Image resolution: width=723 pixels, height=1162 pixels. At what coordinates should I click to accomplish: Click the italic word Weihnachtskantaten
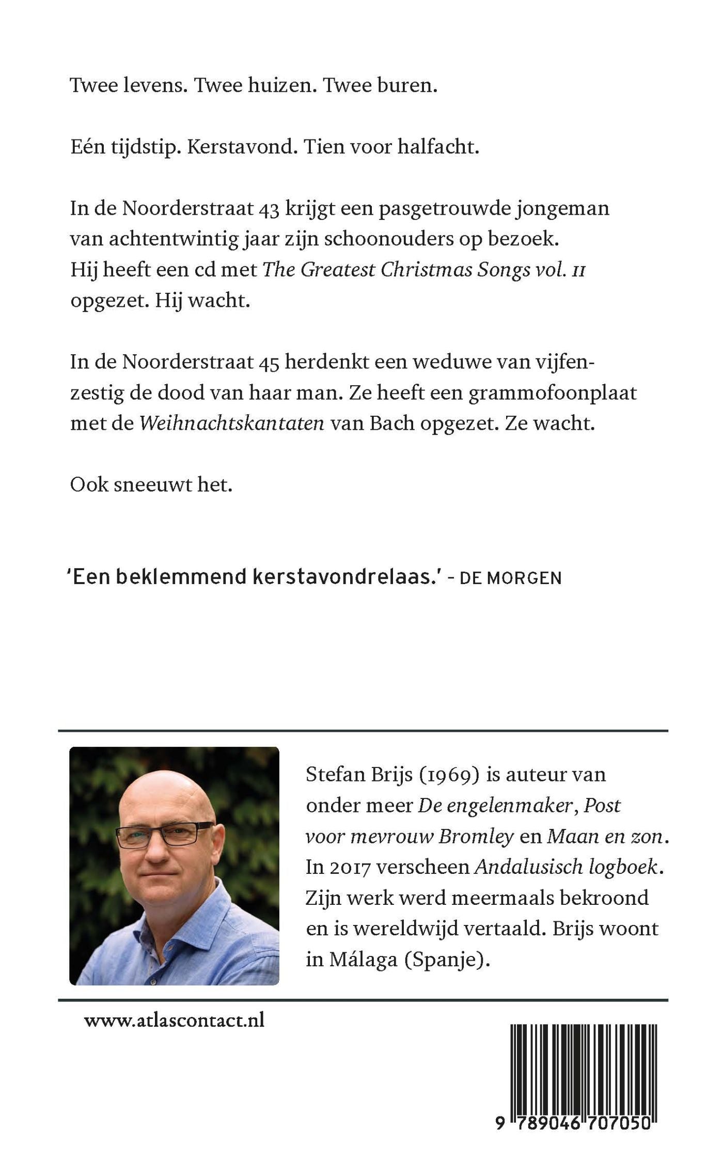[232, 424]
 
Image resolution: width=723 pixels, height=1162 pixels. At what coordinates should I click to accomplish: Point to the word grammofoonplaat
[553, 394]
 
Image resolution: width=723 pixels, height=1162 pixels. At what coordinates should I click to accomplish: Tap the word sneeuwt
[153, 485]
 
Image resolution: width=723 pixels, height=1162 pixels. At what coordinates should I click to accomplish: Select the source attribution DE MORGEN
[510, 578]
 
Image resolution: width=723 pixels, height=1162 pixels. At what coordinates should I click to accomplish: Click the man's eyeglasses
[164, 833]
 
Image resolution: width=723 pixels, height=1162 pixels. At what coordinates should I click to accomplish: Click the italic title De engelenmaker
[497, 806]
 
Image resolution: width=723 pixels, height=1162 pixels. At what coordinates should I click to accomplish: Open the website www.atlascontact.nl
[174, 1020]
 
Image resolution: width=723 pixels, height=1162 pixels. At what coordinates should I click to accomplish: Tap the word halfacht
[438, 147]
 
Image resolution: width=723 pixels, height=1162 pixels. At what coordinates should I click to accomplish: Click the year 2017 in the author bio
[349, 867]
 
